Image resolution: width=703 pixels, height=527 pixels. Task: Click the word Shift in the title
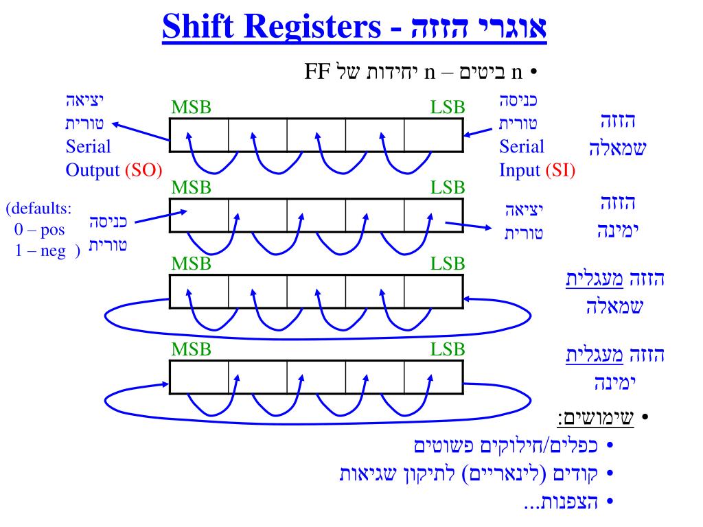coord(199,28)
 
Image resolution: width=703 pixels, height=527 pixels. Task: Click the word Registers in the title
coord(316,28)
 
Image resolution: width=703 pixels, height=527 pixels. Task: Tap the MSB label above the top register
coord(191,108)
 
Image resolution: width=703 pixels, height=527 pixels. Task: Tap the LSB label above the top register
coord(448,108)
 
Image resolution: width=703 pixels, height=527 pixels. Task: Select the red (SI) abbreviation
coord(560,170)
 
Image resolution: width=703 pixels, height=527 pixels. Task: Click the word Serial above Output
coord(88,147)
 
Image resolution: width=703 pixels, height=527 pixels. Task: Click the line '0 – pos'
coord(40,229)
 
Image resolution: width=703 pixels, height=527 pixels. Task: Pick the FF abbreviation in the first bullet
coord(317,71)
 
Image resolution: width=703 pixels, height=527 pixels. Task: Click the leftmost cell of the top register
coord(199,134)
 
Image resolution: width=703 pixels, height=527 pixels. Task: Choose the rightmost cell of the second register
coord(433,215)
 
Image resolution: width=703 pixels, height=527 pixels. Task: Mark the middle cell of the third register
coord(316,292)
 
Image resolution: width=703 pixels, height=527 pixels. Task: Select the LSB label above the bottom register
coord(448,349)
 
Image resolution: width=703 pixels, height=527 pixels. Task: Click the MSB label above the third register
coord(191,263)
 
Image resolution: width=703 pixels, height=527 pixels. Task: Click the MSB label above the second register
coord(191,188)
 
